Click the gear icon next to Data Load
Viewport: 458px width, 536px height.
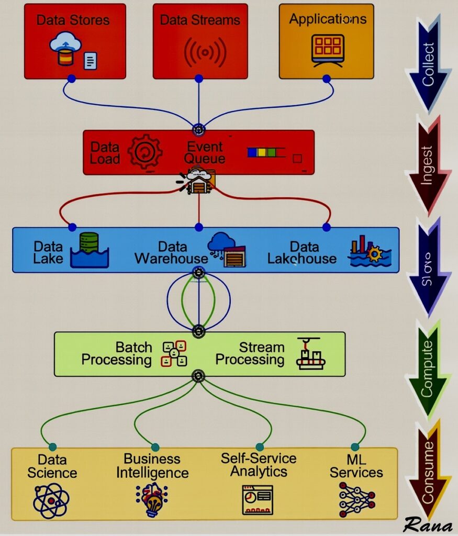[x=145, y=151]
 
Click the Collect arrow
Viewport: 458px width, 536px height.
[x=429, y=63]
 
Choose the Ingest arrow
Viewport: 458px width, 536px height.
[x=429, y=165]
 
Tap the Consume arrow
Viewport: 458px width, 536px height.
[x=429, y=471]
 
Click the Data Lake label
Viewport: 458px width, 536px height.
[x=48, y=252]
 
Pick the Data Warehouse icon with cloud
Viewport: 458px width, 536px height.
[x=226, y=250]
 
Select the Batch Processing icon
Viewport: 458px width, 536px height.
[x=174, y=353]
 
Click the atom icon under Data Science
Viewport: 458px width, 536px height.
[x=51, y=500]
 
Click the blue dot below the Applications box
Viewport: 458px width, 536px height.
[x=327, y=79]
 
